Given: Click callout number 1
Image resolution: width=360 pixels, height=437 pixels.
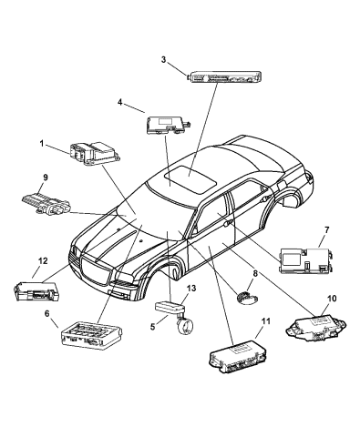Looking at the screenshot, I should pyautogui.click(x=42, y=143).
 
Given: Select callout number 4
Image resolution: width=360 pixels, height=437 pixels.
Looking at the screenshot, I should pyautogui.click(x=120, y=104).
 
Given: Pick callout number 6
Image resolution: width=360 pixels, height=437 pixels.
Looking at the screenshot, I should pyautogui.click(x=48, y=313).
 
